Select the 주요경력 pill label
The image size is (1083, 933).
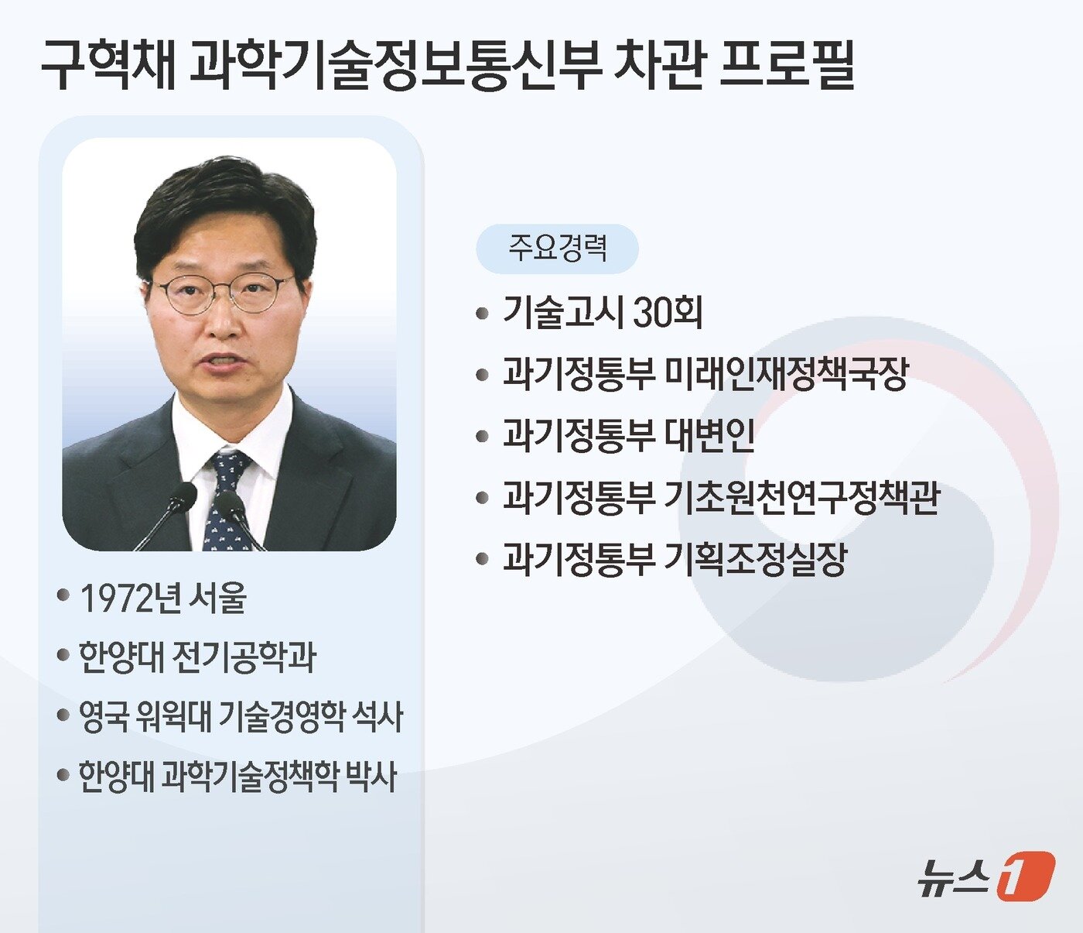click(557, 249)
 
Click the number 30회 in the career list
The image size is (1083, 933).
click(668, 313)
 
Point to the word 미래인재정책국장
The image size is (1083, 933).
click(786, 373)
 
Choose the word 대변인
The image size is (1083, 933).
click(710, 435)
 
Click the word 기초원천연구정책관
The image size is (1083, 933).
click(801, 497)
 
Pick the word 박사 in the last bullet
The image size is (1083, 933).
click(371, 776)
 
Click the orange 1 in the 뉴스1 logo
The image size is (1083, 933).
click(1025, 875)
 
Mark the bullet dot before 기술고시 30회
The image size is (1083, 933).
click(483, 314)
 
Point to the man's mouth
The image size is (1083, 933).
click(224, 362)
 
